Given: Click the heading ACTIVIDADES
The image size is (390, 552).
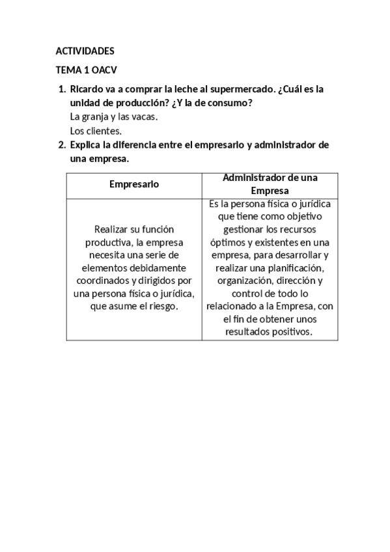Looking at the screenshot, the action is tap(85, 51).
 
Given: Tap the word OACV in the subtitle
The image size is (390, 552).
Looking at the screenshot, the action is tap(104, 70).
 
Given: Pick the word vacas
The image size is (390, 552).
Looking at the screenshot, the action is tap(145, 117).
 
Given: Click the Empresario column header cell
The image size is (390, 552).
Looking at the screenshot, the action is tap(134, 184).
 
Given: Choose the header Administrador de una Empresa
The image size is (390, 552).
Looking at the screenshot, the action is tap(270, 184).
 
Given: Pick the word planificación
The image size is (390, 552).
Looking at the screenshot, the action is tap(297, 268).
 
